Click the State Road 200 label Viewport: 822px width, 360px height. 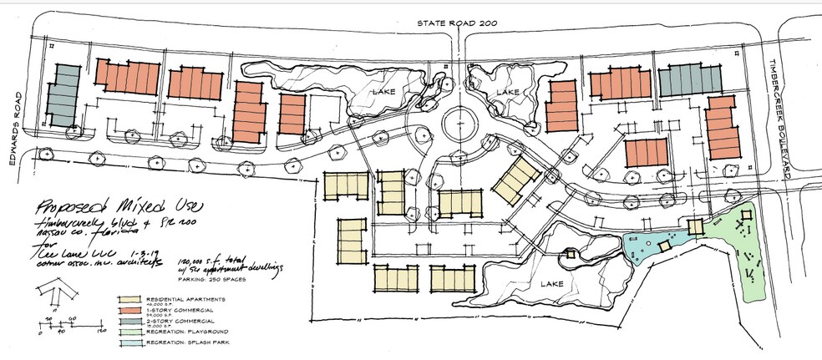pyautogui.click(x=451, y=24)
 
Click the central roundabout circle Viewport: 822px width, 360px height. pyautogui.click(x=458, y=124)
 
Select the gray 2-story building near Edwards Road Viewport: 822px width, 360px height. pyautogui.click(x=61, y=94)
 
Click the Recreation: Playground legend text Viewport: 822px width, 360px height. pyautogui.click(x=185, y=332)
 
